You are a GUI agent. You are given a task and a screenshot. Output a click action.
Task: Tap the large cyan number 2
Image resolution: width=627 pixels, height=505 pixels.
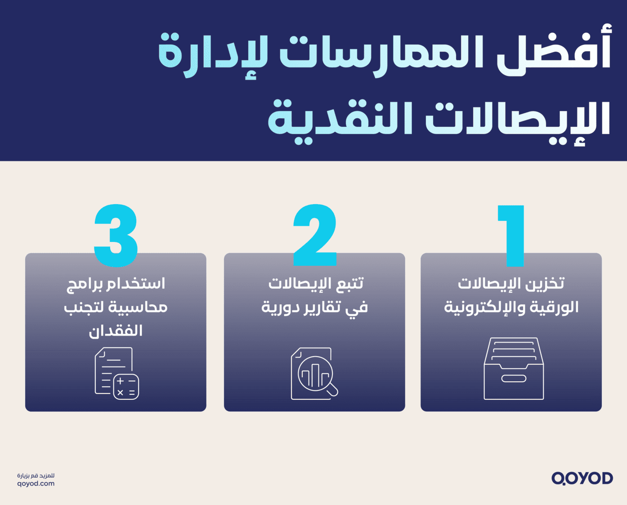(x=315, y=235)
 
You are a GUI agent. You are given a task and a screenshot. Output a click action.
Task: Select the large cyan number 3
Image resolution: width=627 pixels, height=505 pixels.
(x=116, y=235)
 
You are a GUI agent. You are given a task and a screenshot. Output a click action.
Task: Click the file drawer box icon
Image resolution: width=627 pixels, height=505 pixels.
(x=514, y=368)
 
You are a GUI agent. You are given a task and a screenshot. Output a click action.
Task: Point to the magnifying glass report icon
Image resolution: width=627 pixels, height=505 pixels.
(x=314, y=373)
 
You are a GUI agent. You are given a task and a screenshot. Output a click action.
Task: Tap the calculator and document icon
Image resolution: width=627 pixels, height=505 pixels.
(x=116, y=373)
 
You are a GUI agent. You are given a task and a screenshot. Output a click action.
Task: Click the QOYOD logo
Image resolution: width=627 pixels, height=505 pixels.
(x=582, y=478)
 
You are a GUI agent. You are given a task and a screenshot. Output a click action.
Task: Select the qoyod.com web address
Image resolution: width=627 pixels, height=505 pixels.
(x=36, y=484)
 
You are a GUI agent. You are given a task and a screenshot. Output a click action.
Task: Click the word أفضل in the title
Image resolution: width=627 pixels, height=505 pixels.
(x=554, y=53)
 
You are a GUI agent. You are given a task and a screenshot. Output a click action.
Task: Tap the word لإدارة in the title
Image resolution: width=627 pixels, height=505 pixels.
(x=213, y=56)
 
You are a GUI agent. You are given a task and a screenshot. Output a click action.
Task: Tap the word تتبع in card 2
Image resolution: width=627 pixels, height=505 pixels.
(x=347, y=284)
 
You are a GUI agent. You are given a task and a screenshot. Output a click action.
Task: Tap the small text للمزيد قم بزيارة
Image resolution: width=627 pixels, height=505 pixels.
(x=36, y=475)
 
